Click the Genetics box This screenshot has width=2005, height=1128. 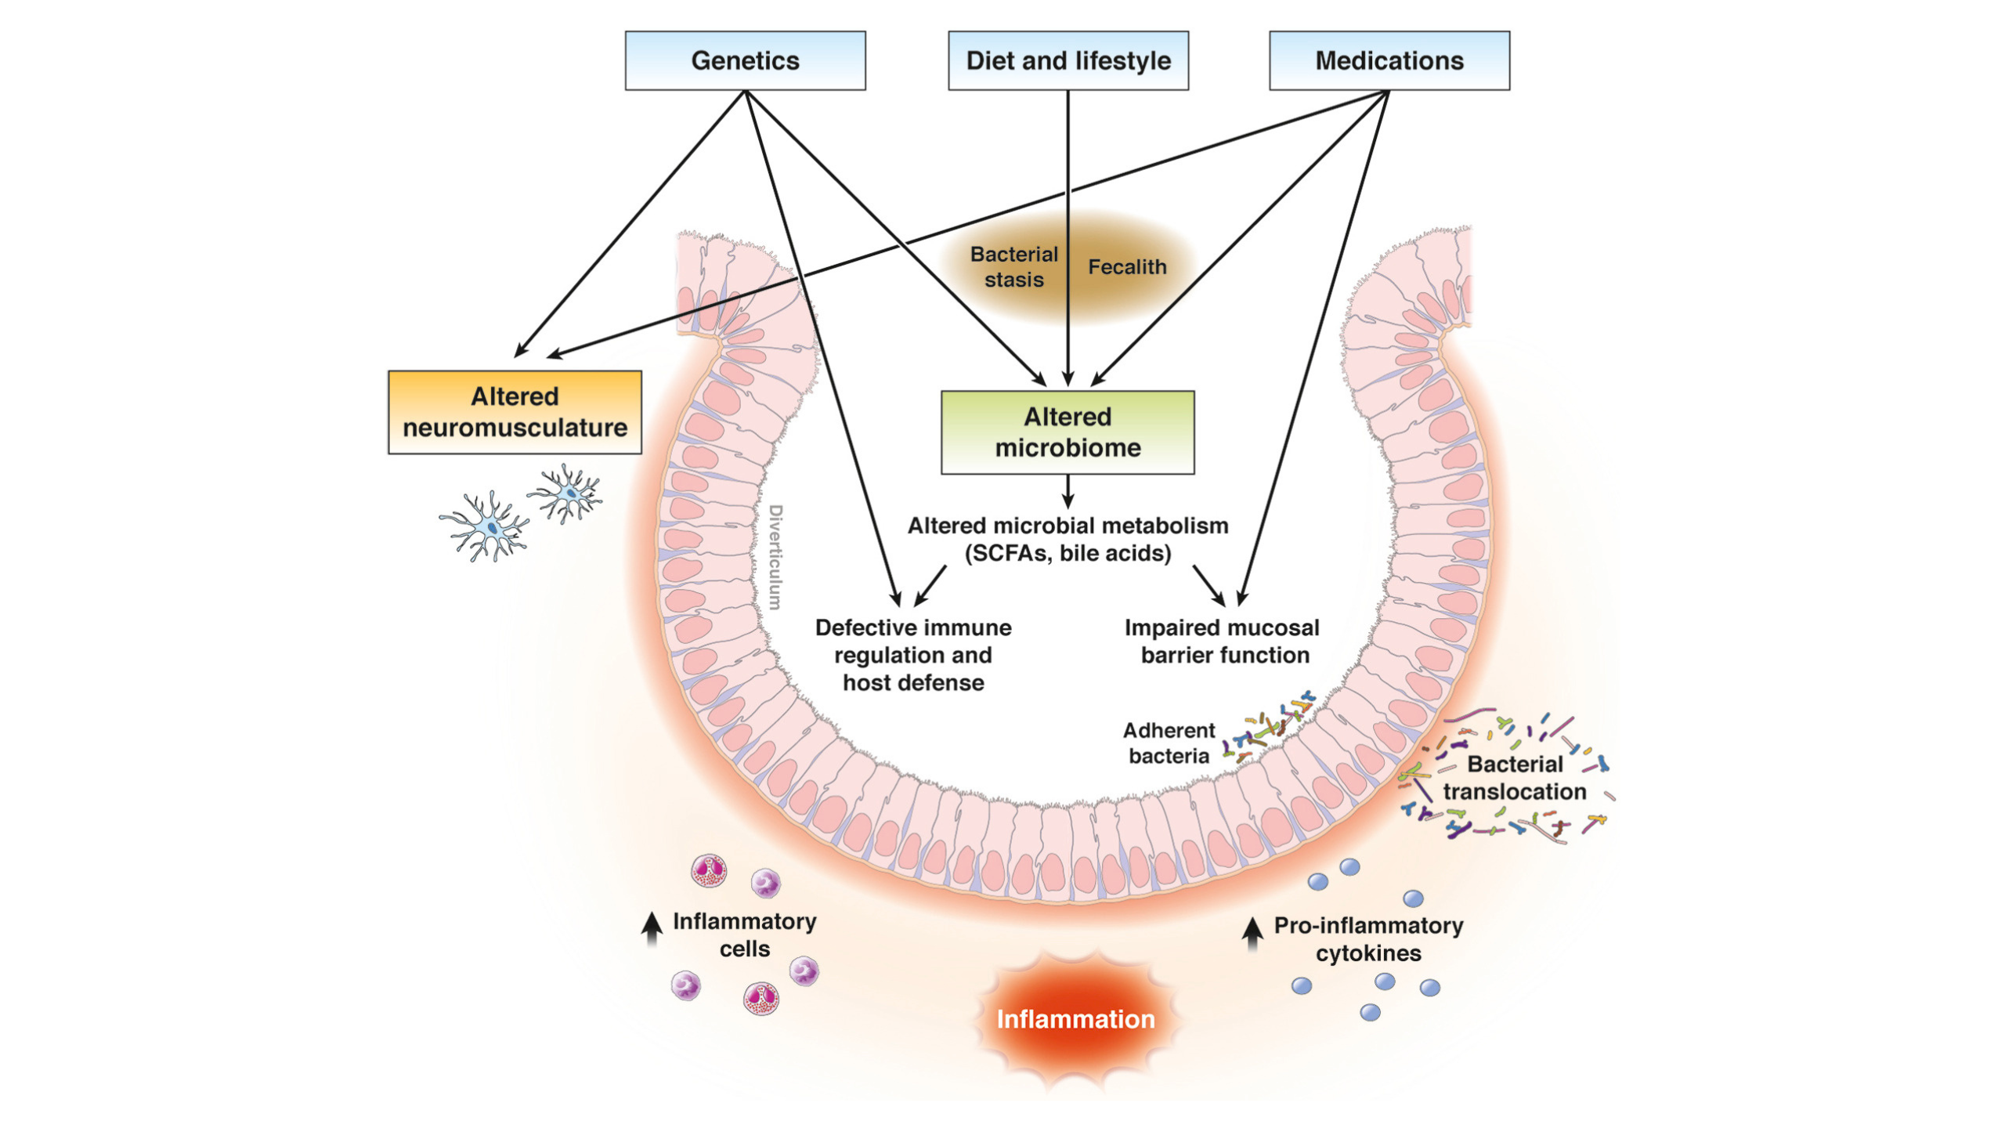745,60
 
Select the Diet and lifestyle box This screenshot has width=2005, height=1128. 1068,60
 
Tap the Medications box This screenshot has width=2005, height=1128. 1389,60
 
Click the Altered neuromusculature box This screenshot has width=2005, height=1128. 515,412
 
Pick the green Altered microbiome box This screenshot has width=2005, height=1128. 1068,432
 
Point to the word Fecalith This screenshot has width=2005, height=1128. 1127,267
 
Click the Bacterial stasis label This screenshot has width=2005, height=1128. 1013,267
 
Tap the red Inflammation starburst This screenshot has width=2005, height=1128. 1075,1019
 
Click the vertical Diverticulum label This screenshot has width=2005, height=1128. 775,557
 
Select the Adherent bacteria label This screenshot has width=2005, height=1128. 1169,743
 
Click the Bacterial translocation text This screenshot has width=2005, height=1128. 1514,778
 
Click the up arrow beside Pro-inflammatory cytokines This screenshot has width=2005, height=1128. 1252,933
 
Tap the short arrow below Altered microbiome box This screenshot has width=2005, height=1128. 1068,493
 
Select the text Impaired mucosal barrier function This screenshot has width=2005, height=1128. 1223,642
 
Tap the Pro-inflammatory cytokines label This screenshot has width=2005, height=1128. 1368,939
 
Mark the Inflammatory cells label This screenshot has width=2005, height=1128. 744,935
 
